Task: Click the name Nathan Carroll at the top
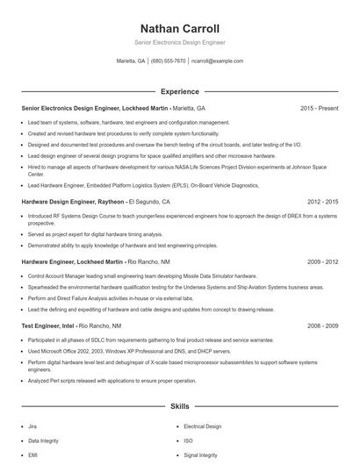[x=179, y=28]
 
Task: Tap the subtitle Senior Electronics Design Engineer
[x=179, y=41]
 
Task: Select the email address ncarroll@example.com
[x=217, y=61]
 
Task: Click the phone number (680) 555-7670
[x=169, y=61]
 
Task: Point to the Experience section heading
[x=179, y=91]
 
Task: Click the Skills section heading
[x=179, y=407]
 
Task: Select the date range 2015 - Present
[x=319, y=108]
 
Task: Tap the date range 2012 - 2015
[x=320, y=201]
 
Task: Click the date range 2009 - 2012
[x=320, y=261]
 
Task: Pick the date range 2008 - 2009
[x=320, y=325]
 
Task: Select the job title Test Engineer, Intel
[x=48, y=325]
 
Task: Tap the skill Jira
[x=32, y=426]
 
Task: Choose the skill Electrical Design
[x=203, y=426]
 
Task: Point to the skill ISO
[x=188, y=440]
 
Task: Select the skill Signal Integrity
[x=201, y=455]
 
